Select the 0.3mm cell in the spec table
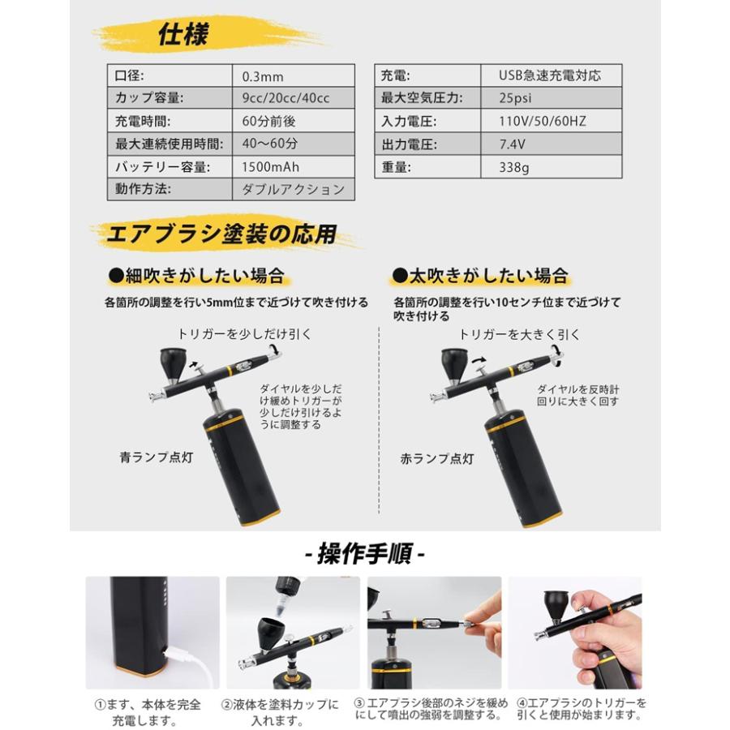click(x=263, y=77)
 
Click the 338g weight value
click(x=517, y=169)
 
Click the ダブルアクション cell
click(x=293, y=191)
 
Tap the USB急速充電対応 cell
click(x=549, y=76)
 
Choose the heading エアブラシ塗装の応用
click(x=221, y=236)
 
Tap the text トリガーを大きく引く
click(x=519, y=334)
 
